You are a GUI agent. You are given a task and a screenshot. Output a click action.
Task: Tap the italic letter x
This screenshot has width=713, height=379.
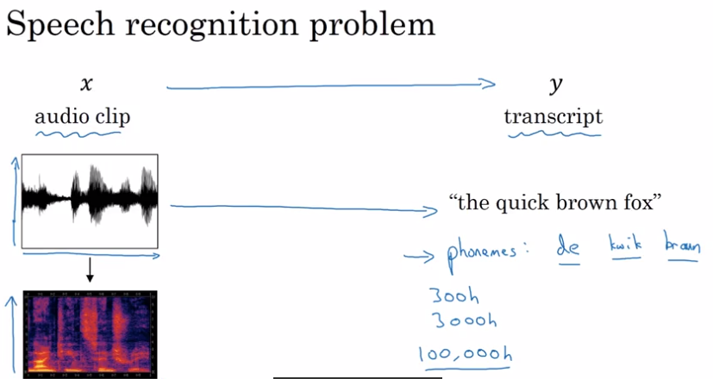click(85, 84)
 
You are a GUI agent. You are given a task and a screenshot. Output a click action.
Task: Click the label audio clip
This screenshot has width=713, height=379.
click(83, 116)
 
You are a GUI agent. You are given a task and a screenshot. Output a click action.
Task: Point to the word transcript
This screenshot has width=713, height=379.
click(554, 116)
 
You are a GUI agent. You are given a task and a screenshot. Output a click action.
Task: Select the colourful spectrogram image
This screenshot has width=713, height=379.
click(90, 334)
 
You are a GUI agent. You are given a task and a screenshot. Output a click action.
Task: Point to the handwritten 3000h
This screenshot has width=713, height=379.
click(454, 321)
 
